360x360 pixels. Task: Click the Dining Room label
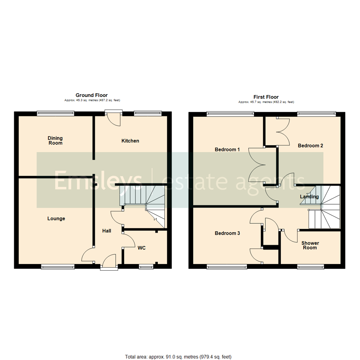click(x=55, y=140)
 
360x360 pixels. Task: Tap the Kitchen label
click(x=130, y=141)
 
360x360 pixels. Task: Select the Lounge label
click(x=56, y=219)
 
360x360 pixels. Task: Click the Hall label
click(x=107, y=231)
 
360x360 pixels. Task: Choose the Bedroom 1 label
click(x=227, y=149)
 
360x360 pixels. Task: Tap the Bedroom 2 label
click(x=310, y=146)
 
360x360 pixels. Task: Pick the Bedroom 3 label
click(x=227, y=233)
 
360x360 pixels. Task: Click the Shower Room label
click(x=309, y=245)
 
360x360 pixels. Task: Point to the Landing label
click(x=309, y=197)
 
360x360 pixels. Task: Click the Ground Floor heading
click(x=92, y=95)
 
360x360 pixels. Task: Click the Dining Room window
click(x=55, y=113)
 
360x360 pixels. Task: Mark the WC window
click(x=146, y=266)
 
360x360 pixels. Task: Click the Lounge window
click(x=58, y=266)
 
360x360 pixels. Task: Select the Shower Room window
click(x=311, y=266)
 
